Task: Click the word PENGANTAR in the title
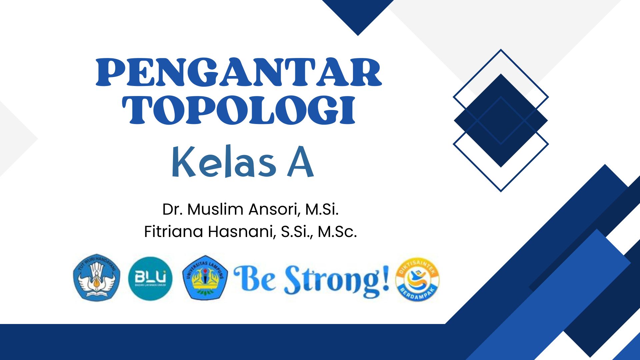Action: click(239, 72)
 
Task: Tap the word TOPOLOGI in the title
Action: click(239, 110)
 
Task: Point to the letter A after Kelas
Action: click(300, 163)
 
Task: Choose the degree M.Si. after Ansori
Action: click(322, 209)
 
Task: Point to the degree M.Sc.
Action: click(337, 232)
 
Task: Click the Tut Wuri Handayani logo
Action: click(96, 278)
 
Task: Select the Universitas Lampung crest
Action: click(205, 278)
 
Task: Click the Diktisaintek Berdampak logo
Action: click(417, 279)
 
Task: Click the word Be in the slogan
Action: click(255, 279)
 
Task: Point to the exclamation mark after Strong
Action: click(386, 277)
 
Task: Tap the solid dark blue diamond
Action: click(501, 120)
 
